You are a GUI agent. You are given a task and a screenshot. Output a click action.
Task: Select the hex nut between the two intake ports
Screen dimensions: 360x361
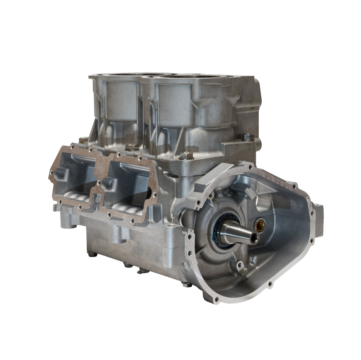130,147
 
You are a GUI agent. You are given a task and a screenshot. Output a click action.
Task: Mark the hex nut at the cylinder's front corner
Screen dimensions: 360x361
184,156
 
